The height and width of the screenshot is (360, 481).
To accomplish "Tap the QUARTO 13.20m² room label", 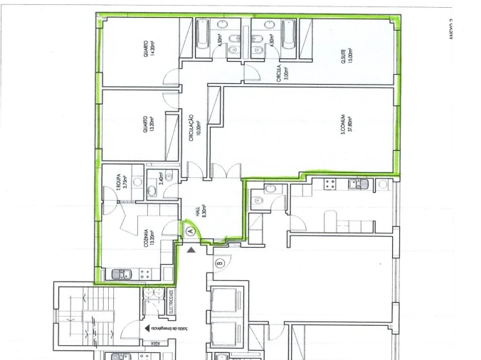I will pos(148,127).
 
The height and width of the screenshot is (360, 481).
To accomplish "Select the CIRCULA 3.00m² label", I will pos(282,72).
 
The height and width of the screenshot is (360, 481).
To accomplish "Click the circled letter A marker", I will pos(190,231).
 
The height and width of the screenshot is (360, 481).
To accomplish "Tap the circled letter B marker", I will pos(219,263).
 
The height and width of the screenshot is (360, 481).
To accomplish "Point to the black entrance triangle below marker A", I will pos(190,249).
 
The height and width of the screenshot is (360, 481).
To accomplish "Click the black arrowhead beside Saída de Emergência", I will pos(147,329).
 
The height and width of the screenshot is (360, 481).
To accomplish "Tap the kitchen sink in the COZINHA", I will pos(118,273).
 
